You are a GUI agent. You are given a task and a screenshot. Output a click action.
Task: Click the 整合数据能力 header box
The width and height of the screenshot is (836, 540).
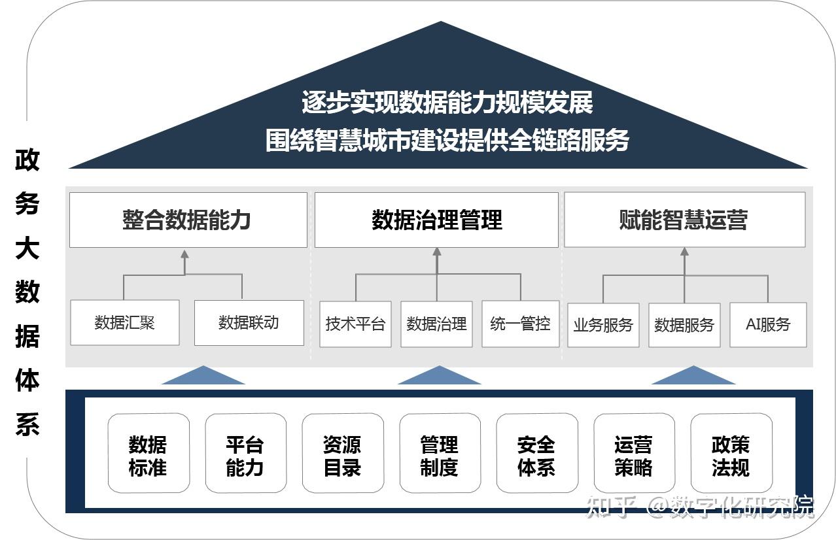pyautogui.click(x=188, y=220)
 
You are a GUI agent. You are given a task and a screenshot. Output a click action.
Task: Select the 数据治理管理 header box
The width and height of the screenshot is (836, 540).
pyautogui.click(x=436, y=220)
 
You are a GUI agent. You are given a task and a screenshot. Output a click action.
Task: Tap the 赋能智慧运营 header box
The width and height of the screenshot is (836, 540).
pyautogui.click(x=684, y=220)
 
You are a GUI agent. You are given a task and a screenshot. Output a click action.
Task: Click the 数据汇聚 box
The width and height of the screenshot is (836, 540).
pyautogui.click(x=124, y=322)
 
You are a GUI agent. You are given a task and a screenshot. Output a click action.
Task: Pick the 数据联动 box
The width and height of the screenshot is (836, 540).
pyautogui.click(x=249, y=322)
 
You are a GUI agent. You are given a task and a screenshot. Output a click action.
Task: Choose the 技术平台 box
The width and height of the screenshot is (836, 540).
pyautogui.click(x=355, y=324)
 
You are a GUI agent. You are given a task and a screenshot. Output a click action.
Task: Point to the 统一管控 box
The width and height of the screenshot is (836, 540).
pyautogui.click(x=520, y=324)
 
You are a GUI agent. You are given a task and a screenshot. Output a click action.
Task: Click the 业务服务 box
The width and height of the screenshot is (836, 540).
pyautogui.click(x=603, y=325)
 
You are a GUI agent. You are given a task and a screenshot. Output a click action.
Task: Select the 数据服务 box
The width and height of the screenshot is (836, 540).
pyautogui.click(x=684, y=325)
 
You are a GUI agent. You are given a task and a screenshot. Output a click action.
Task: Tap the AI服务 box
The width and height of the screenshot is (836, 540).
pyautogui.click(x=768, y=324)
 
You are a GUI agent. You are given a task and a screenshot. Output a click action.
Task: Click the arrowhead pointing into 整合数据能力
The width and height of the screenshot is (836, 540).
pyautogui.click(x=184, y=254)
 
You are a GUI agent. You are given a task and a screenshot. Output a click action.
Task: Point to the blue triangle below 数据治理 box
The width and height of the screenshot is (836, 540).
pyautogui.click(x=439, y=376)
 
